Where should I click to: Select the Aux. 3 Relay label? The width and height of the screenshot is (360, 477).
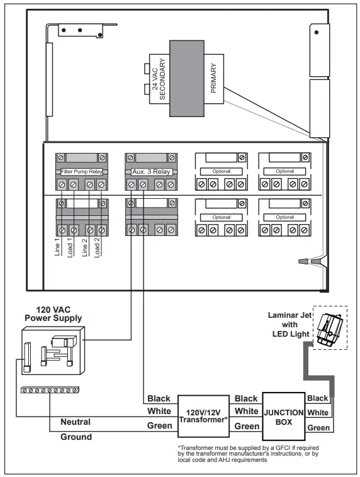point(151,171)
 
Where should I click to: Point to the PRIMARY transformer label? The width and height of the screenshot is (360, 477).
point(213,78)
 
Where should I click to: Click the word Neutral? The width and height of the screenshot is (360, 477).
point(75,422)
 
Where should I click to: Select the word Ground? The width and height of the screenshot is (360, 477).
point(76,437)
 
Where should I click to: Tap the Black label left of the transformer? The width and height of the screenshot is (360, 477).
point(159,398)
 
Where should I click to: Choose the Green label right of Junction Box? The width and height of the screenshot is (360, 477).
point(318,428)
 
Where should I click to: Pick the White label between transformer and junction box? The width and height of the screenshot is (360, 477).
point(246,412)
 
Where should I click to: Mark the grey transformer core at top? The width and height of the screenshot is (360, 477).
point(187,78)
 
